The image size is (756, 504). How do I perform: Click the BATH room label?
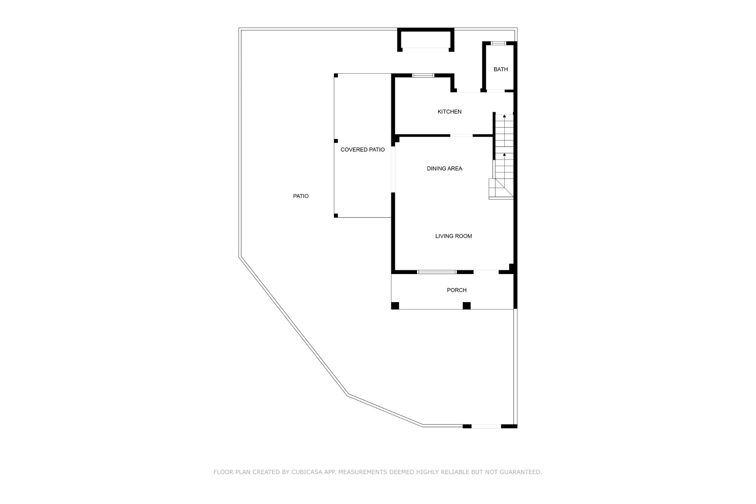[x=500, y=69]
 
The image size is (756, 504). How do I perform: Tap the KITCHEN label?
[x=450, y=112]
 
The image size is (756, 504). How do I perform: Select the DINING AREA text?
[x=445, y=169]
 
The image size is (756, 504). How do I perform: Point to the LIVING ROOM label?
[x=454, y=236]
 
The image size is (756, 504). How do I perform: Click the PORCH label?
[x=457, y=290]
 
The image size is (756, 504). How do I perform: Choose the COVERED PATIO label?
[x=363, y=150]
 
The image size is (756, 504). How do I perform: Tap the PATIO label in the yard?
[x=301, y=196]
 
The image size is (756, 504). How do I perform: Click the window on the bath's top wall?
[x=498, y=43]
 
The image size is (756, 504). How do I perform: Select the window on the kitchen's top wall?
[x=423, y=75]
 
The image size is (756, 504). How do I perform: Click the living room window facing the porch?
[x=437, y=272]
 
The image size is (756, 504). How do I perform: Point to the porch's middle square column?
[x=467, y=306]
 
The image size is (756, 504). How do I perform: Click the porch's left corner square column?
[x=395, y=306]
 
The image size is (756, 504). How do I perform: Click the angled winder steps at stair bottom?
[x=501, y=189]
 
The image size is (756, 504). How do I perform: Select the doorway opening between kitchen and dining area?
[x=461, y=135]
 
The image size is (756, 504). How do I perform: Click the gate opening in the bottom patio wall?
[x=486, y=426]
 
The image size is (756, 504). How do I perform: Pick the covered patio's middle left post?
[x=336, y=141]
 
